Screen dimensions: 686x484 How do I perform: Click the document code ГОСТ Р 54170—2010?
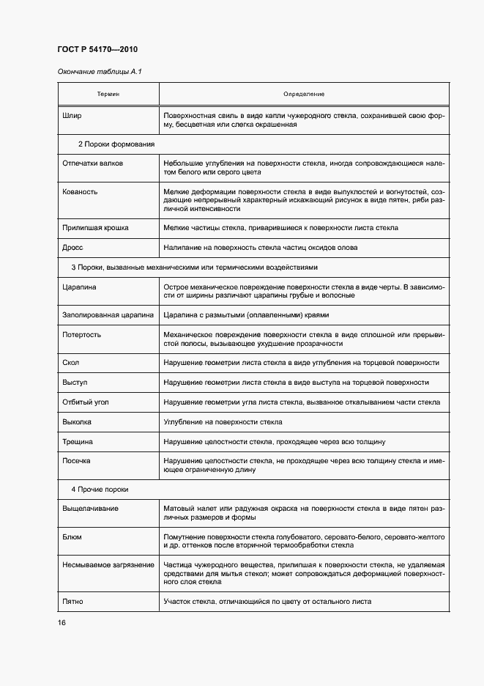97,49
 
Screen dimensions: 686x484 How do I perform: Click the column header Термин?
108,95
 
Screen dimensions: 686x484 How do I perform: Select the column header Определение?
303,95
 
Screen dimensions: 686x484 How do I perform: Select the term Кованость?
80,191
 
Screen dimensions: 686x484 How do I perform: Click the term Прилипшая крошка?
95,228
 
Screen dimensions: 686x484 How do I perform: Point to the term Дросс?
73,248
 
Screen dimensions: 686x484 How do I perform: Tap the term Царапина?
80,287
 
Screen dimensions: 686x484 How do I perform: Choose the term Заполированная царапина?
108,315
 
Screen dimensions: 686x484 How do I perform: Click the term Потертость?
82,334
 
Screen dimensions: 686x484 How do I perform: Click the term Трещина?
78,442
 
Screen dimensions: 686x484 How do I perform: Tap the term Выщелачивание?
91,508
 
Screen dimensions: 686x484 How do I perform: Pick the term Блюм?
72,536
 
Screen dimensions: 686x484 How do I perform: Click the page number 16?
62,623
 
